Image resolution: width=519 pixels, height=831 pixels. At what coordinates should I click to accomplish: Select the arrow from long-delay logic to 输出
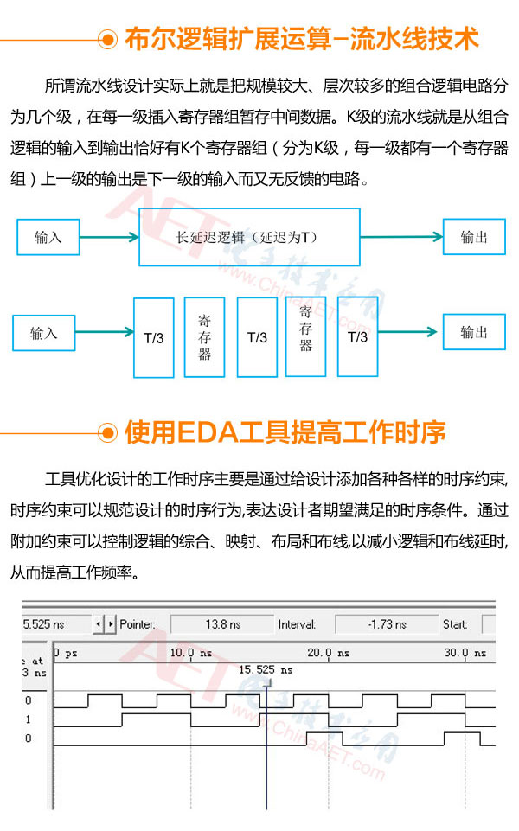point(402,236)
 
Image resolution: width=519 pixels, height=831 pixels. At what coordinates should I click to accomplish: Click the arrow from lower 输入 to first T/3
point(105,332)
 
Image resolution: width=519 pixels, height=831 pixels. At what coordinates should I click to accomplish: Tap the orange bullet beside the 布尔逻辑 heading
point(107,40)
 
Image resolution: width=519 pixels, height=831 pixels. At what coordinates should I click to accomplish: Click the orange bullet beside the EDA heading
point(107,433)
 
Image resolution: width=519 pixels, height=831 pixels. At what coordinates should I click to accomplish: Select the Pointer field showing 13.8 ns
point(222,624)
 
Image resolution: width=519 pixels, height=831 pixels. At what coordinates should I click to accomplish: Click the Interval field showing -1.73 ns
point(387,624)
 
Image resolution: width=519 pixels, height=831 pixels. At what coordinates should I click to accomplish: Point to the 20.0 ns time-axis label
point(328,653)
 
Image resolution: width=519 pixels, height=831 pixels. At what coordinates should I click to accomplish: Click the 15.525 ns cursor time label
point(266,670)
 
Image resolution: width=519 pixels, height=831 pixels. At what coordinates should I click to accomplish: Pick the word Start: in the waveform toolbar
point(455,624)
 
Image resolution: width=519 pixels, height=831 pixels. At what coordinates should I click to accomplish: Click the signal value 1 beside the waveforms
point(28,719)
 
